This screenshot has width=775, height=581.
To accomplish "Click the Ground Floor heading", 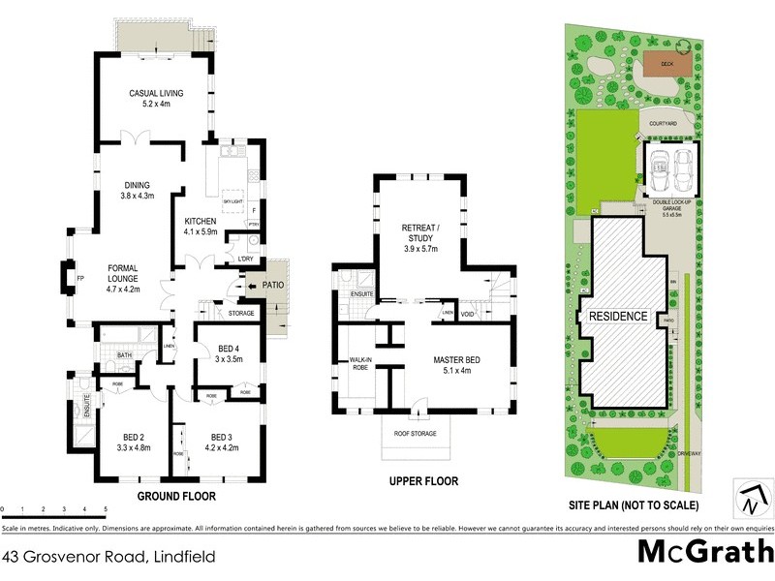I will tap(175, 496).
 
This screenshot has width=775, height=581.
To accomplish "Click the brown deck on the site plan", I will tap(665, 65).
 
